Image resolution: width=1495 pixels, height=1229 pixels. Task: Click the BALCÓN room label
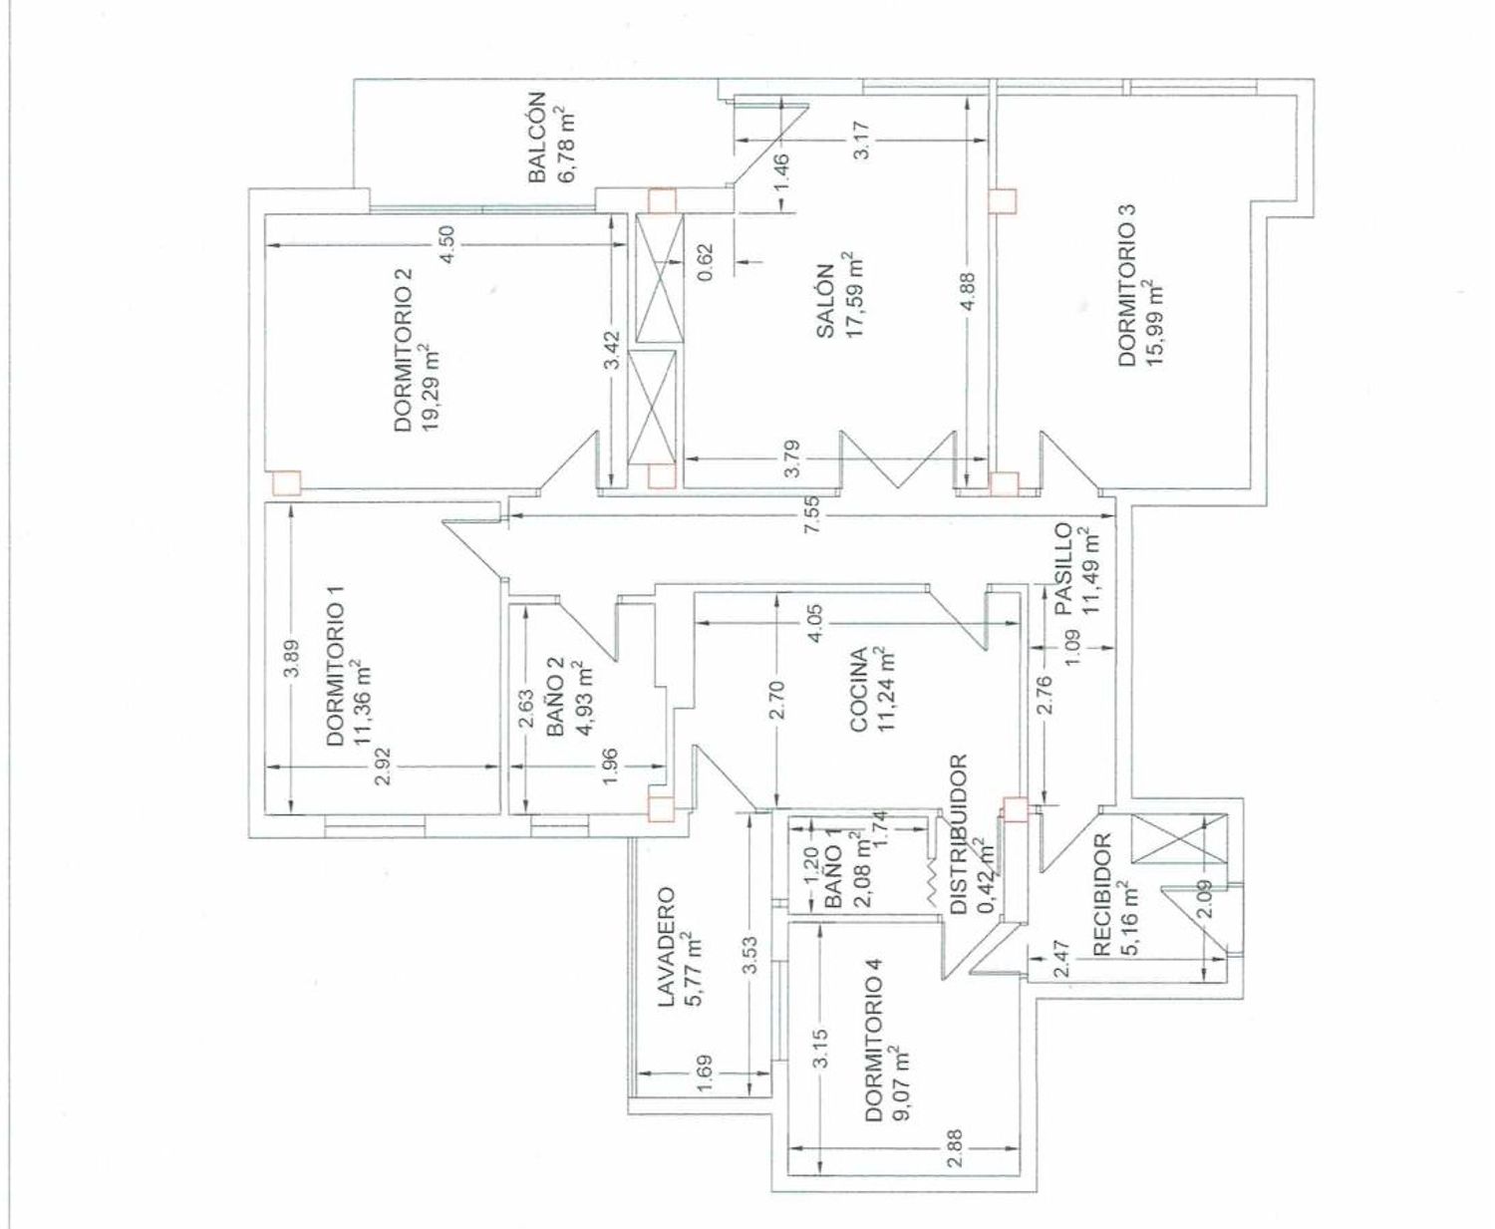click(x=536, y=137)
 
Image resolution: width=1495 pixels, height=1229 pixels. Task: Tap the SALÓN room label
click(x=824, y=300)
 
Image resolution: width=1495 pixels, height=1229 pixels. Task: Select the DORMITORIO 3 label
click(x=1126, y=286)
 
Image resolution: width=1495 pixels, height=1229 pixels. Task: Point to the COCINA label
click(x=856, y=690)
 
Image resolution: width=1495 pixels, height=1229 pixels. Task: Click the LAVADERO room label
click(x=667, y=946)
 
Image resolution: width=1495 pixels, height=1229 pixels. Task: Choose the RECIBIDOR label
click(x=1101, y=896)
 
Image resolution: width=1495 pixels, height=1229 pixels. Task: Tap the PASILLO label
click(x=1062, y=568)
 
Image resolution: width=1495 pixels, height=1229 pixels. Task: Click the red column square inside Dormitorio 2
click(x=287, y=482)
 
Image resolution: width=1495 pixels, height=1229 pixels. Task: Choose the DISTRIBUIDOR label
click(x=958, y=834)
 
